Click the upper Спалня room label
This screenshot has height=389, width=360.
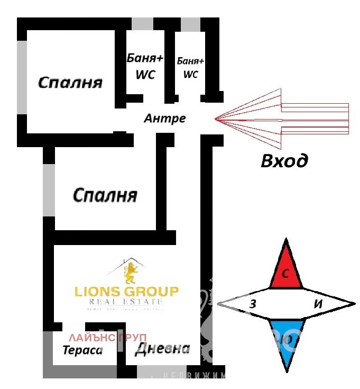[x=70, y=83]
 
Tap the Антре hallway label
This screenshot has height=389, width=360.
[x=164, y=118]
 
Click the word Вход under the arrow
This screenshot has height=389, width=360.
[x=284, y=160]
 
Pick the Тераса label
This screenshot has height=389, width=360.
[x=83, y=350]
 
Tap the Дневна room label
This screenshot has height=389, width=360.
[x=162, y=349]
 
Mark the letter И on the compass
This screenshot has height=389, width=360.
[x=318, y=304]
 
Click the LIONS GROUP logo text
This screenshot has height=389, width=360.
[x=126, y=292]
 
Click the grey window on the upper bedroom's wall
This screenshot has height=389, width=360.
[x=22, y=77]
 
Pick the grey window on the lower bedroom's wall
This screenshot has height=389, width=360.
[x=49, y=189]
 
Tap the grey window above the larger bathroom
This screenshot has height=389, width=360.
[x=142, y=24]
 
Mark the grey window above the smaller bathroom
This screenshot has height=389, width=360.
[x=190, y=24]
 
